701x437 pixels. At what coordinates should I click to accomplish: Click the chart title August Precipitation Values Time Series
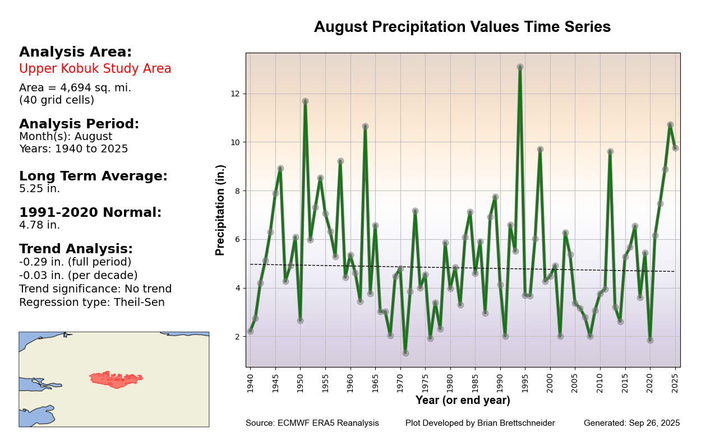click(462, 27)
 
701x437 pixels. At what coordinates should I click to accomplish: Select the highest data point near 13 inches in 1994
click(520, 67)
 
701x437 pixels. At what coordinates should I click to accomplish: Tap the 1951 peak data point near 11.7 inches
click(305, 101)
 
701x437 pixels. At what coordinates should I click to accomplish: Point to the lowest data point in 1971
click(405, 353)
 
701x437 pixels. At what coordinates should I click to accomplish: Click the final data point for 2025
click(675, 148)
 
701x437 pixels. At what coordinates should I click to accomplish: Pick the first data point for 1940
click(250, 331)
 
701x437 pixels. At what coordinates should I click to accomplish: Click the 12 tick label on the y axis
click(236, 94)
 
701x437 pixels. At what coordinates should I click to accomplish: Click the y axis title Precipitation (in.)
click(220, 210)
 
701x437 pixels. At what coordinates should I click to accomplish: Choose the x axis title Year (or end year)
click(463, 401)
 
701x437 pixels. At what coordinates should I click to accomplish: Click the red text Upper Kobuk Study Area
click(95, 69)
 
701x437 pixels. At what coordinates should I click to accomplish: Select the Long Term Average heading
click(93, 176)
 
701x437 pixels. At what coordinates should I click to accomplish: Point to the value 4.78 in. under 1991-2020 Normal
click(39, 225)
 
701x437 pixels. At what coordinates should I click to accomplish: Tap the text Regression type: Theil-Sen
click(92, 303)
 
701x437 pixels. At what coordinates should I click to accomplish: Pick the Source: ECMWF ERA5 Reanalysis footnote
click(312, 424)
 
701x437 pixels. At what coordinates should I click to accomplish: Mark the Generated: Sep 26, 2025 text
click(631, 424)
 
